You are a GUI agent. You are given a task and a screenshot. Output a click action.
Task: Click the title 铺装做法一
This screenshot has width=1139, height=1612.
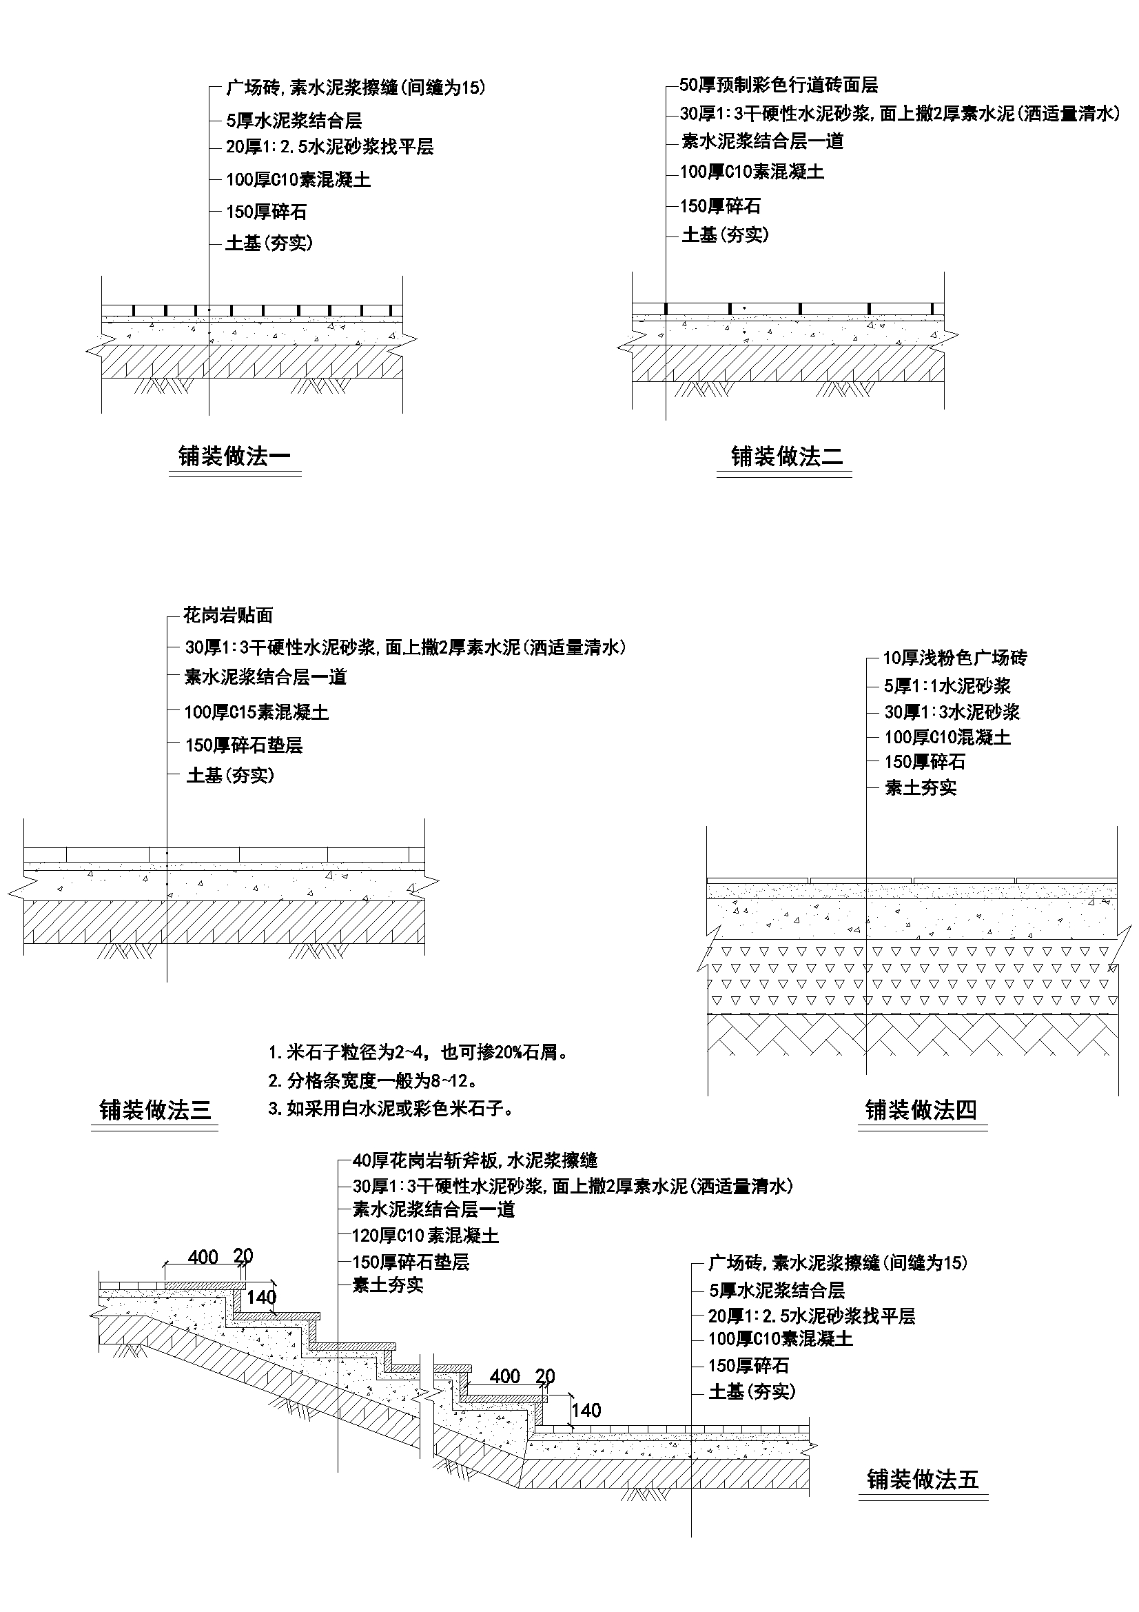(234, 456)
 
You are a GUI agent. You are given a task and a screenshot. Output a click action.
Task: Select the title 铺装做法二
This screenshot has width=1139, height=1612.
(787, 456)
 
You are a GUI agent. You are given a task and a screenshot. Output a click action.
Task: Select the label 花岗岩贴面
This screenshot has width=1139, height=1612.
(228, 616)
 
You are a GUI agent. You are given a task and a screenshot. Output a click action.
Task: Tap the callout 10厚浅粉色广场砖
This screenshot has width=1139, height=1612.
(954, 658)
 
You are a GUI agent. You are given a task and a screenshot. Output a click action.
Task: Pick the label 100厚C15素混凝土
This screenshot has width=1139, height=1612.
(257, 712)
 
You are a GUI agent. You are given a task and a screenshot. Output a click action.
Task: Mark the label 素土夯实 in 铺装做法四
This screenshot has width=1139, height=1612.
(920, 788)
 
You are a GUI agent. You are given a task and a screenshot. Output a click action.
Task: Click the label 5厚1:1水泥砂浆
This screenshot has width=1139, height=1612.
(947, 686)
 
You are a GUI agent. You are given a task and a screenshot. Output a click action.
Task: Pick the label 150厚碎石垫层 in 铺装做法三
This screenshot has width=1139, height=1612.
(244, 745)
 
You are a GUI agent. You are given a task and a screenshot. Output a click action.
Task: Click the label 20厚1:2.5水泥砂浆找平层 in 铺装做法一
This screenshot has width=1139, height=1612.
(330, 147)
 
